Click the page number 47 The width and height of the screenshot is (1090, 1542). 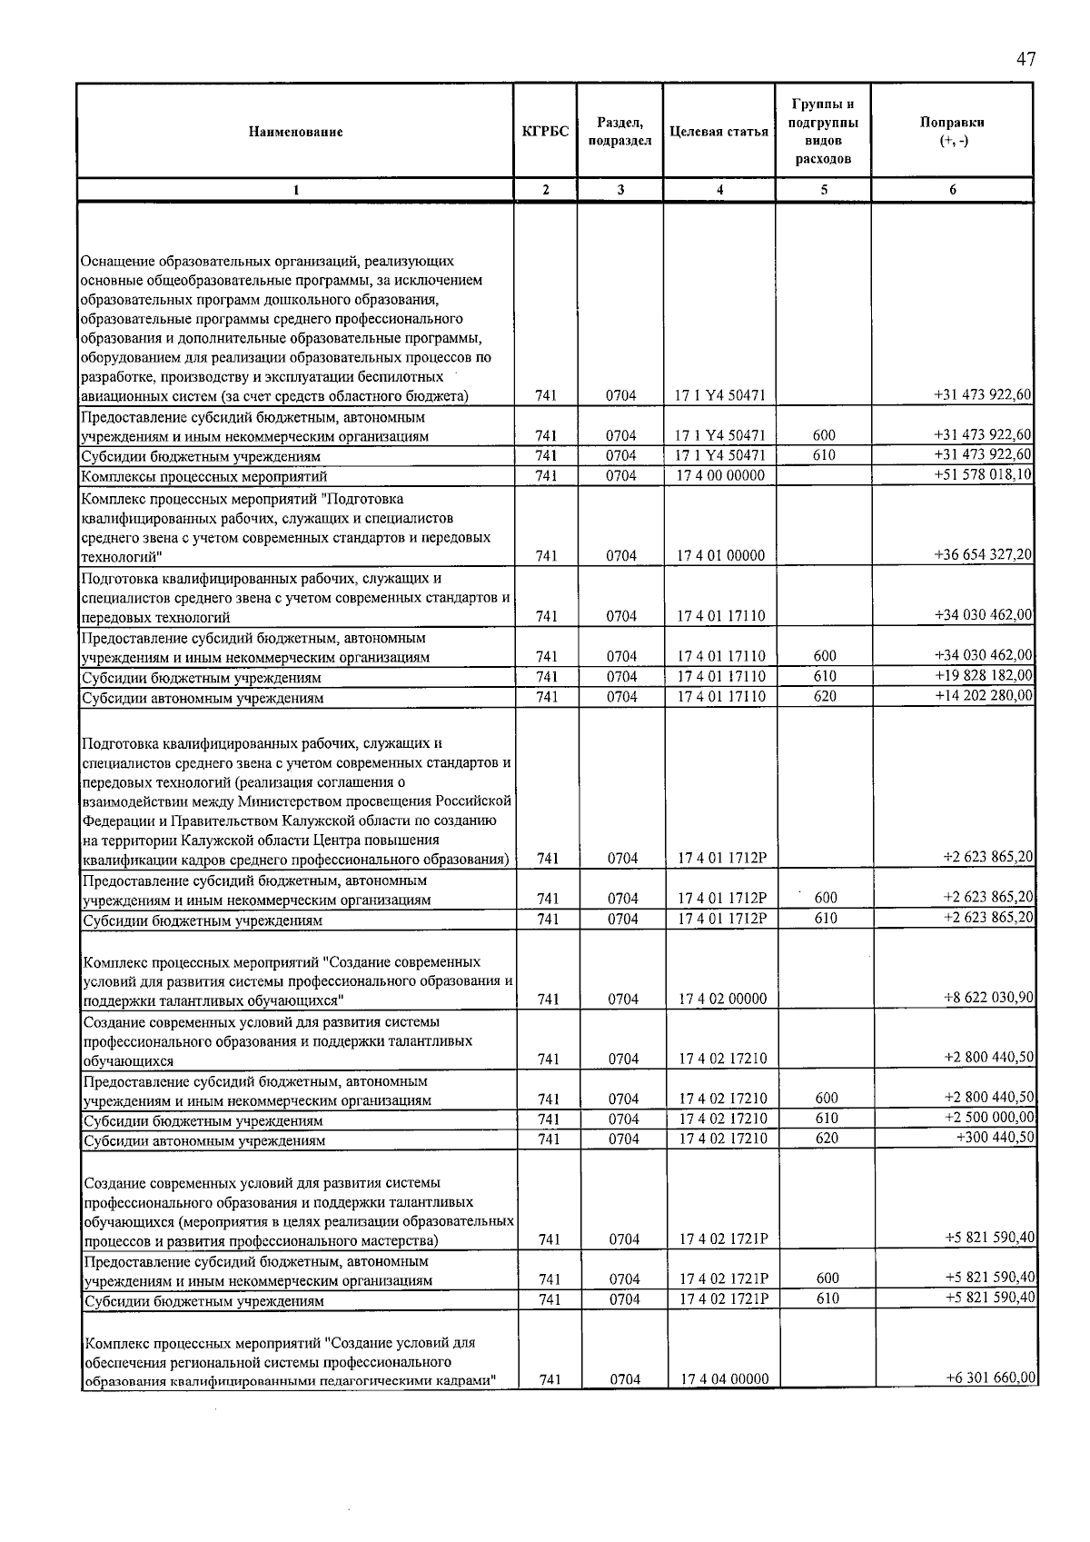pyautogui.click(x=1026, y=60)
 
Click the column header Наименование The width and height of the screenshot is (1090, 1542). pyautogui.click(x=295, y=132)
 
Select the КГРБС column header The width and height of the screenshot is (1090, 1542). pyautogui.click(x=545, y=132)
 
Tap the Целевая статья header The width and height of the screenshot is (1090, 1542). pyautogui.click(x=718, y=132)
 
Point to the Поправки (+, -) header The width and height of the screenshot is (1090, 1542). pyautogui.click(x=951, y=132)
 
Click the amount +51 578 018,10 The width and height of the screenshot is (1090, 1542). pyautogui.click(x=983, y=475)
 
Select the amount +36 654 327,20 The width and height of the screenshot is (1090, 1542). pyautogui.click(x=983, y=555)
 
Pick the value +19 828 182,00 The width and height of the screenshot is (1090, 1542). pyautogui.click(x=983, y=676)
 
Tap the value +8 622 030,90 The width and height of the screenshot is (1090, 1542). pyautogui.click(x=988, y=998)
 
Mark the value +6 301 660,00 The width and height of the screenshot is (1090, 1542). pyautogui.click(x=990, y=1378)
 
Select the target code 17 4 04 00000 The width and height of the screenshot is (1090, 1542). pyautogui.click(x=724, y=1379)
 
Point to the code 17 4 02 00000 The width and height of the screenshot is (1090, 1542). pyautogui.click(x=723, y=999)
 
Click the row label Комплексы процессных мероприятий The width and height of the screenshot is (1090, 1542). pyautogui.click(x=203, y=476)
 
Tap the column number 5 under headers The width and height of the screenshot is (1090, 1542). pyautogui.click(x=823, y=190)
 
